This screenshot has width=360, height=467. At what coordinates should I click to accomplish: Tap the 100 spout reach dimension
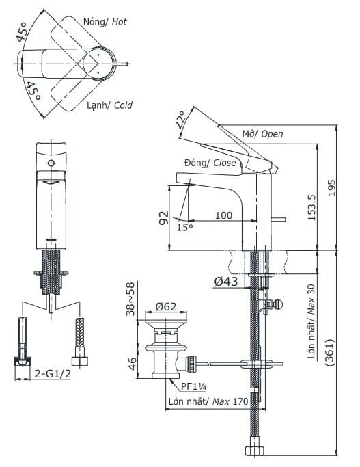click(223, 215)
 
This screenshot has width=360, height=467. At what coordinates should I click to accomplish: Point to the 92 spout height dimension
click(164, 219)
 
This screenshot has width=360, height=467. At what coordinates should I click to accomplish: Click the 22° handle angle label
click(180, 120)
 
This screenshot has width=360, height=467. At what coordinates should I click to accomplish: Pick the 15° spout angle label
click(185, 228)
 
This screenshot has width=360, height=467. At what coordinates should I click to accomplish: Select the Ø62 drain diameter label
click(167, 307)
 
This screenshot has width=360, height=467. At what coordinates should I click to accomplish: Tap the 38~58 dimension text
click(130, 299)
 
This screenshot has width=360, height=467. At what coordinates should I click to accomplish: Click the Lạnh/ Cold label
click(109, 105)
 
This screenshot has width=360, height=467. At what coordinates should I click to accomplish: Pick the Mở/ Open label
click(262, 134)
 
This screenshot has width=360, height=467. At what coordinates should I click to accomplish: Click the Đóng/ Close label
click(210, 163)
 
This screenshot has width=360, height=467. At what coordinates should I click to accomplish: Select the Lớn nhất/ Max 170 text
click(208, 402)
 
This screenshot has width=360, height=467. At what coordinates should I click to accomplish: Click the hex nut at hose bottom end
click(255, 451)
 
